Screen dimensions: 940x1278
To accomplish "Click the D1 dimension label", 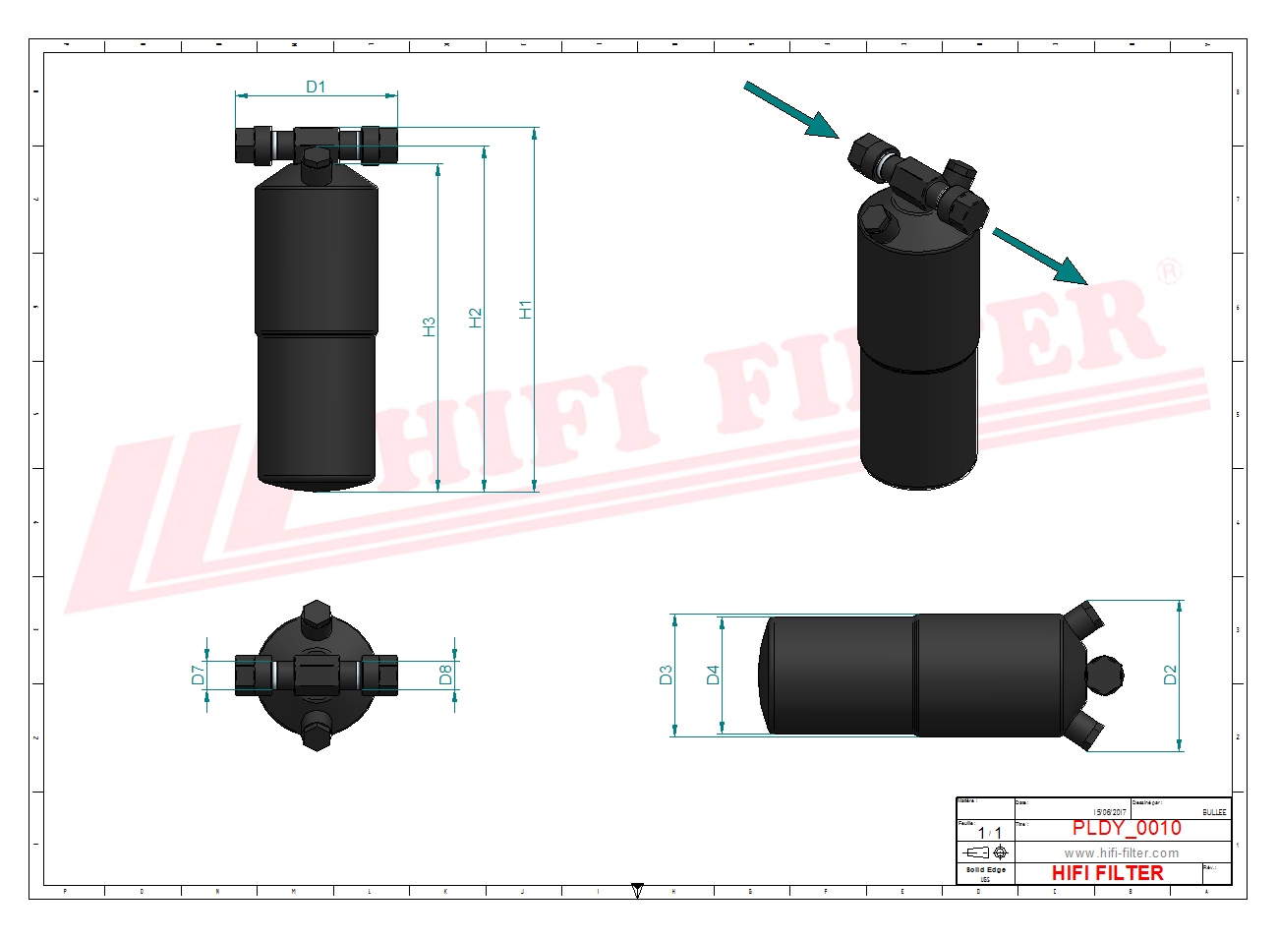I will coord(316,87).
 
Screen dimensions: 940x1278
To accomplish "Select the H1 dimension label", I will coord(526,310).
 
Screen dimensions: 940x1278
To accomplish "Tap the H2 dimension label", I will coord(476,318).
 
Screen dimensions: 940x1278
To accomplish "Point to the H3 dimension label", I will coord(429,326).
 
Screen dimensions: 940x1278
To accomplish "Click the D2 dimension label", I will coord(1170,675).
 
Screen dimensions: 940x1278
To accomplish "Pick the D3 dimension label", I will coord(667,675).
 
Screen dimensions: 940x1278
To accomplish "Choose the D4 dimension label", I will coord(714,675).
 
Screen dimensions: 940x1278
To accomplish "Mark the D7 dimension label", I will coord(198,675).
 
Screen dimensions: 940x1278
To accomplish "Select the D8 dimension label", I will coord(445,675).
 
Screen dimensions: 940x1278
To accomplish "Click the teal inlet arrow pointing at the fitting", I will coord(791,110).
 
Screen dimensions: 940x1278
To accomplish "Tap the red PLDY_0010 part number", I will coord(1127,828).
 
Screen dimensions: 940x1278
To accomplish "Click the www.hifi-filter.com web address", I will coord(1121,852).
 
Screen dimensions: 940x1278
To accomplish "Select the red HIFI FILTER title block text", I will coord(1107,873).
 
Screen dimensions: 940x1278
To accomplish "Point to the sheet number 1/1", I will coord(989,833).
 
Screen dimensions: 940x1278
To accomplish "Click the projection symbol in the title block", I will coord(986,852).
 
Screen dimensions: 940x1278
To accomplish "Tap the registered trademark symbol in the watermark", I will coord(1168,270).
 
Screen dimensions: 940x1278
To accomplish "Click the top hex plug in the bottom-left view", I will coord(316,617).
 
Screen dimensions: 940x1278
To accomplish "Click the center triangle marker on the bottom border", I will coord(637,891).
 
